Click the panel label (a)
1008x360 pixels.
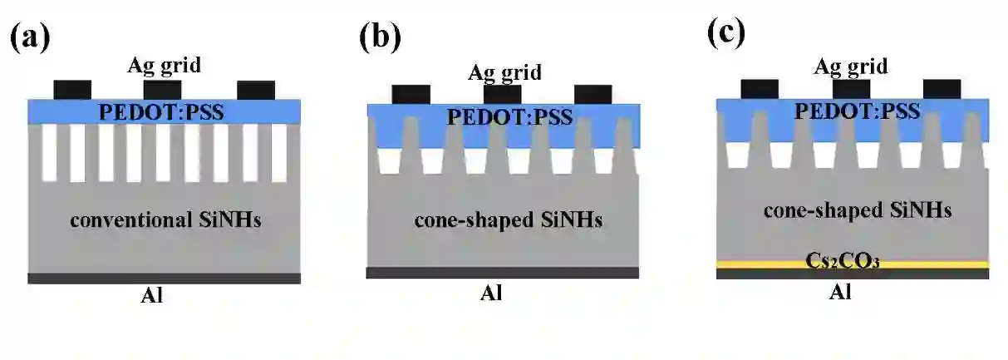tap(30, 38)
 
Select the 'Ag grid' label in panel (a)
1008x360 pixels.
tap(165, 65)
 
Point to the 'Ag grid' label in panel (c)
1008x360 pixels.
tap(850, 66)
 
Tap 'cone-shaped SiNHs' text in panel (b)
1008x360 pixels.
tap(508, 222)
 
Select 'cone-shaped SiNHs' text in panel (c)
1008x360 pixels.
tap(856, 211)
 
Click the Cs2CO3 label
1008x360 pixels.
tap(852, 260)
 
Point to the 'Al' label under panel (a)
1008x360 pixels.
tap(152, 296)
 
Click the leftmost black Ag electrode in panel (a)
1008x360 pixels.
tap(72, 90)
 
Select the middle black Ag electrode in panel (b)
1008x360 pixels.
tap(502, 94)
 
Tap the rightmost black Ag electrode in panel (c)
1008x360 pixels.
tap(942, 89)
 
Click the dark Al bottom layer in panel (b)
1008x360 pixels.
tap(502, 273)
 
